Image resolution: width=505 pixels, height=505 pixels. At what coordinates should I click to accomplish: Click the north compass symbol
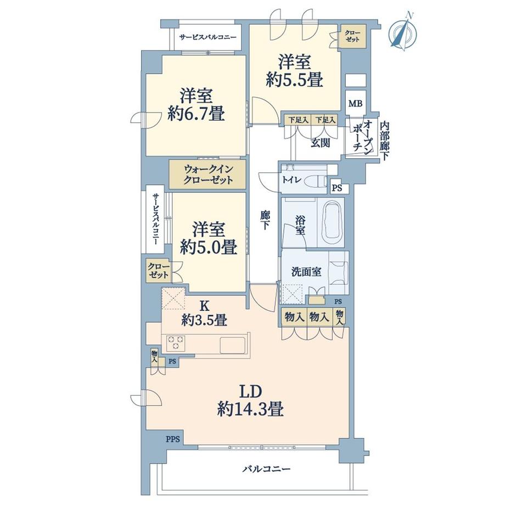[x=403, y=32]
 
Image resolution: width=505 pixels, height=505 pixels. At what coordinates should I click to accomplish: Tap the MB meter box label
[x=356, y=104]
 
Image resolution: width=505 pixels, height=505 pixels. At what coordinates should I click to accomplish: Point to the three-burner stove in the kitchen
[x=176, y=343]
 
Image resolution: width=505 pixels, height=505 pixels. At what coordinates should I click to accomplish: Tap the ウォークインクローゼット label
[x=208, y=174]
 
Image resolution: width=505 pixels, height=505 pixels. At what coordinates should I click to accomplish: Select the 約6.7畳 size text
[x=196, y=114]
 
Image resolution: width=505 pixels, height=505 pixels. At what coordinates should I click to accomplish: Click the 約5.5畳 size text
[x=294, y=79]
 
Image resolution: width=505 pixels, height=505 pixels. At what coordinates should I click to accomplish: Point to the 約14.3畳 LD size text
[x=250, y=410]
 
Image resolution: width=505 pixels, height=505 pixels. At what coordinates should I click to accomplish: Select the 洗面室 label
[x=306, y=272]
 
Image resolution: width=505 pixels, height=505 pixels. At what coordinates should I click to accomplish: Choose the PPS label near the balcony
[x=173, y=439]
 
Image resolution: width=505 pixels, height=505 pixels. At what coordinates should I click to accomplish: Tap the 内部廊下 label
[x=384, y=141]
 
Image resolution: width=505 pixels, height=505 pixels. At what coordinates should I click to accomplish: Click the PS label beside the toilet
[x=337, y=188]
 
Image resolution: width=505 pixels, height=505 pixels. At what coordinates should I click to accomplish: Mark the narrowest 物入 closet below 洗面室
[x=339, y=317]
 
